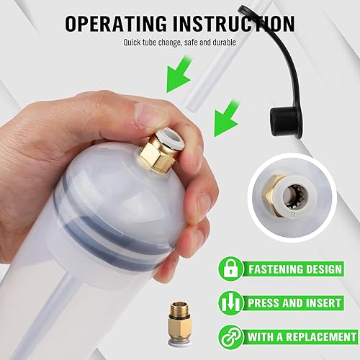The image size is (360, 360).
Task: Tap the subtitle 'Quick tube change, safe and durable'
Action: click(179, 41)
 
